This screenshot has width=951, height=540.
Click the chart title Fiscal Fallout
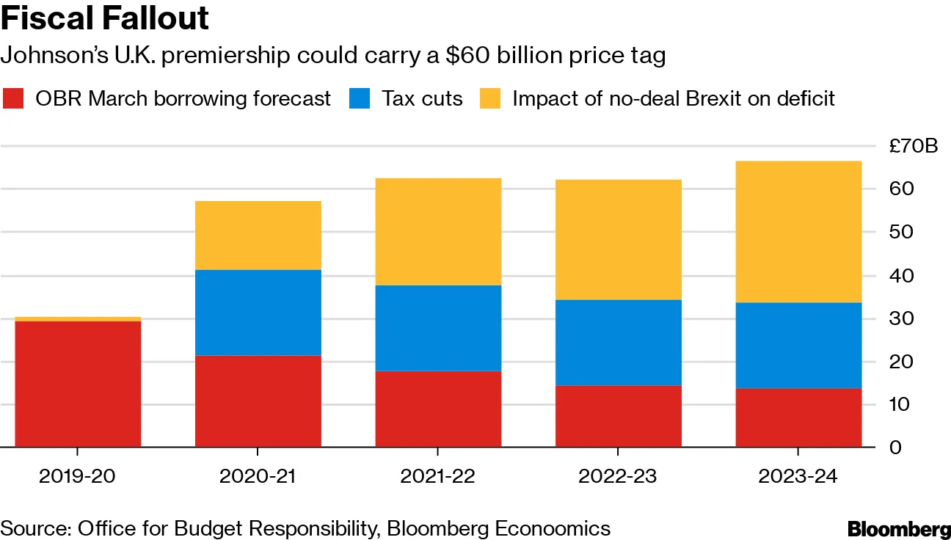[105, 18]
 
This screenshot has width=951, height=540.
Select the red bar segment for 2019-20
[78, 384]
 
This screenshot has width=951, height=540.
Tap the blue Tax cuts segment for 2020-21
[258, 313]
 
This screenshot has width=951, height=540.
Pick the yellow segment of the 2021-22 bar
[438, 231]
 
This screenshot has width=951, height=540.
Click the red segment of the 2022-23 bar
[618, 416]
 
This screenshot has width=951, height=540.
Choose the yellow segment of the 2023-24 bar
[798, 231]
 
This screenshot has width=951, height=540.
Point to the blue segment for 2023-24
[798, 345]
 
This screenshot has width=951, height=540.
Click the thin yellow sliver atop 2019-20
[78, 319]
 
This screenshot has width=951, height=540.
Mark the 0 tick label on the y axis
[895, 447]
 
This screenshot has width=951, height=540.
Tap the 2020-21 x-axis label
[258, 475]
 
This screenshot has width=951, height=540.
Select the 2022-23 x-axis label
[618, 475]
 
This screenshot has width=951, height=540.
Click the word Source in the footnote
[33, 528]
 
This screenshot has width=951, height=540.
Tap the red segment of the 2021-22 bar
[438, 409]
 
